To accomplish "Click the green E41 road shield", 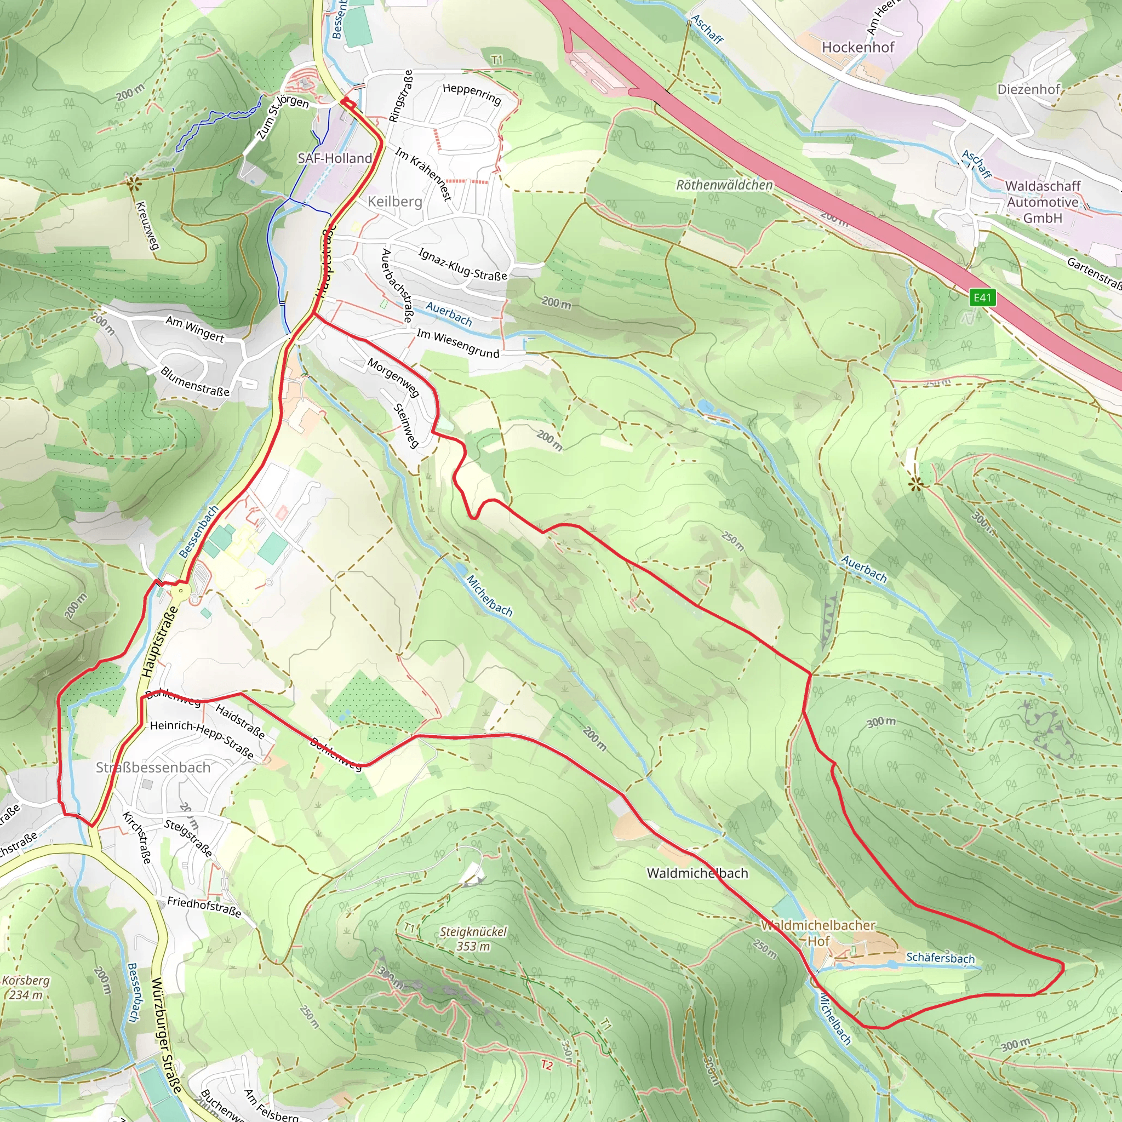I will pyautogui.click(x=982, y=298).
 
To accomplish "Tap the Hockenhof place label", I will pyautogui.click(x=858, y=48).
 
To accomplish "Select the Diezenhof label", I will pyautogui.click(x=1028, y=89).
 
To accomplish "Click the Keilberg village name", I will pyautogui.click(x=395, y=202).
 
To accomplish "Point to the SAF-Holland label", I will pyautogui.click(x=335, y=158).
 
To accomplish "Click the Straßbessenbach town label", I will pyautogui.click(x=153, y=767).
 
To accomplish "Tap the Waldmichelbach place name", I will pyautogui.click(x=697, y=873).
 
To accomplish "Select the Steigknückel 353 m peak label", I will pyautogui.click(x=473, y=938).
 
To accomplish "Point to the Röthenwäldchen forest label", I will pyautogui.click(x=724, y=185).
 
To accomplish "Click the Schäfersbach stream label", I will pyautogui.click(x=940, y=958).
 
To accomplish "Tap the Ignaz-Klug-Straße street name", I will pyautogui.click(x=462, y=264).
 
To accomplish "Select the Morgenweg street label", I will pyautogui.click(x=393, y=377).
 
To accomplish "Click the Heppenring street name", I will pyautogui.click(x=472, y=94).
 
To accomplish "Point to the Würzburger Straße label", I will pyautogui.click(x=167, y=1034).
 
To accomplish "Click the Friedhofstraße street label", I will pyautogui.click(x=204, y=907).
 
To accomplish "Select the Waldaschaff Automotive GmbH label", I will pyautogui.click(x=1043, y=202).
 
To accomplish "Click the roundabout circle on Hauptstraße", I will pyautogui.click(x=181, y=591).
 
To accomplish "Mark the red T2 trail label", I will pyautogui.click(x=546, y=1065).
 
